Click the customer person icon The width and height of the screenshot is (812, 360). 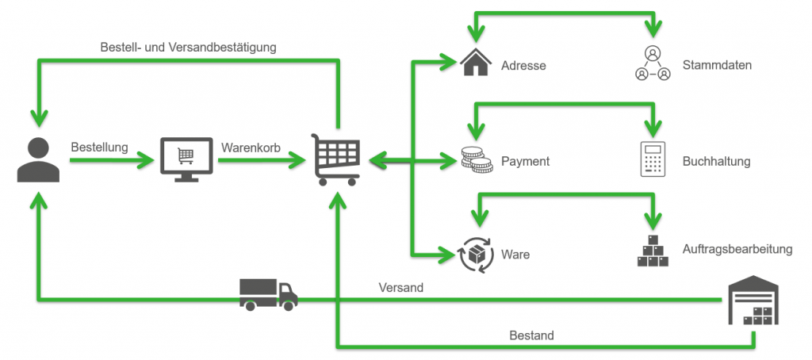coord(36,160)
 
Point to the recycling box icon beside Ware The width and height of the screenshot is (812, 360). coord(476,254)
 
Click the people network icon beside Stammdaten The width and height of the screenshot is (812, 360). coord(653,64)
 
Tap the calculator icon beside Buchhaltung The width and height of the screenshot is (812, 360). coord(653,159)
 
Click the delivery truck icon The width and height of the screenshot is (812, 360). coord(268,294)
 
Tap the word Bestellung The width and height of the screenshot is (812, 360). coord(99,147)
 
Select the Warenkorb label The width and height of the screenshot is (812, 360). coord(251,147)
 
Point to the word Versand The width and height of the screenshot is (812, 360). coord(401,288)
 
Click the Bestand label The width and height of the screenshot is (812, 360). coord(531,335)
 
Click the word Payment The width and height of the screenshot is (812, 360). coord(525,161)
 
